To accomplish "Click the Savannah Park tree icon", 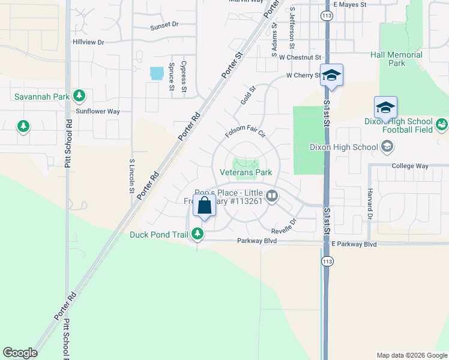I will coord(79,96).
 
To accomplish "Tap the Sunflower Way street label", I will coord(98,112).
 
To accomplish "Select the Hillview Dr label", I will coord(88,43).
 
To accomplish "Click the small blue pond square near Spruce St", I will coord(157,73).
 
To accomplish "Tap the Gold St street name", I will coord(248,95).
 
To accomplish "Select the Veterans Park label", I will coord(246,172).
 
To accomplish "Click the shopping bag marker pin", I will coord(204,206).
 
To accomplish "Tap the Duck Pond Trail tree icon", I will coord(197,235).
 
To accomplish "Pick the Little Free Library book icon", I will coord(272,196).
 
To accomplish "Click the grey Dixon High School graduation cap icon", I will coord(387,147).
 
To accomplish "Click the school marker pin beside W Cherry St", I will coord(331,76).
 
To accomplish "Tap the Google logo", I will coord(20,353).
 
